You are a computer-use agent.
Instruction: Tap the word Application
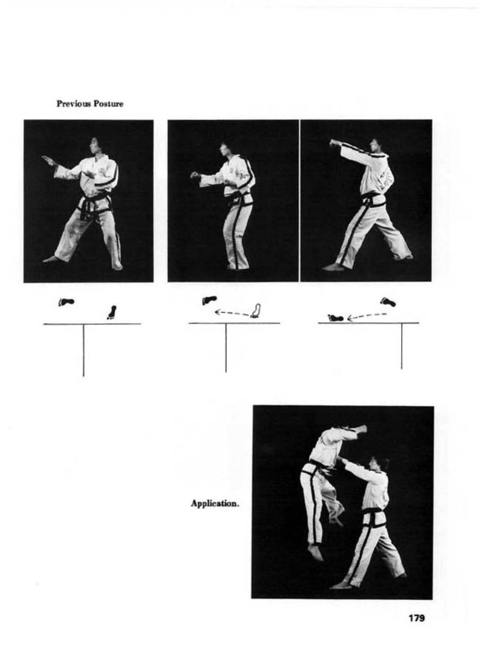[215, 503]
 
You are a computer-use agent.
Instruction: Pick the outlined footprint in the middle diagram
[256, 311]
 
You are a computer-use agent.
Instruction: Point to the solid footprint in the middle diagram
[209, 300]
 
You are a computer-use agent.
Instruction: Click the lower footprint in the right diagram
[335, 318]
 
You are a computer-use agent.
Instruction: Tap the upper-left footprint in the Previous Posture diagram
[66, 302]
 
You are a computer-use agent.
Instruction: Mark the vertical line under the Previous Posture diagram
[83, 350]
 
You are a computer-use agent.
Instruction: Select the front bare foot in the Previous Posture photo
[50, 259]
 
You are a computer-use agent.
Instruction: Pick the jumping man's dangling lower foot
[315, 552]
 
